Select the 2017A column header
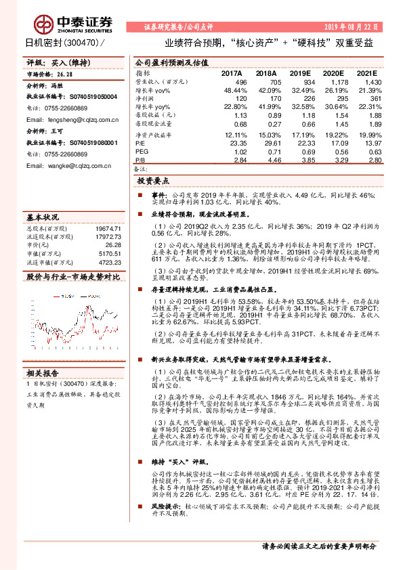click(232, 72)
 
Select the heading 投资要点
click(153, 182)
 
